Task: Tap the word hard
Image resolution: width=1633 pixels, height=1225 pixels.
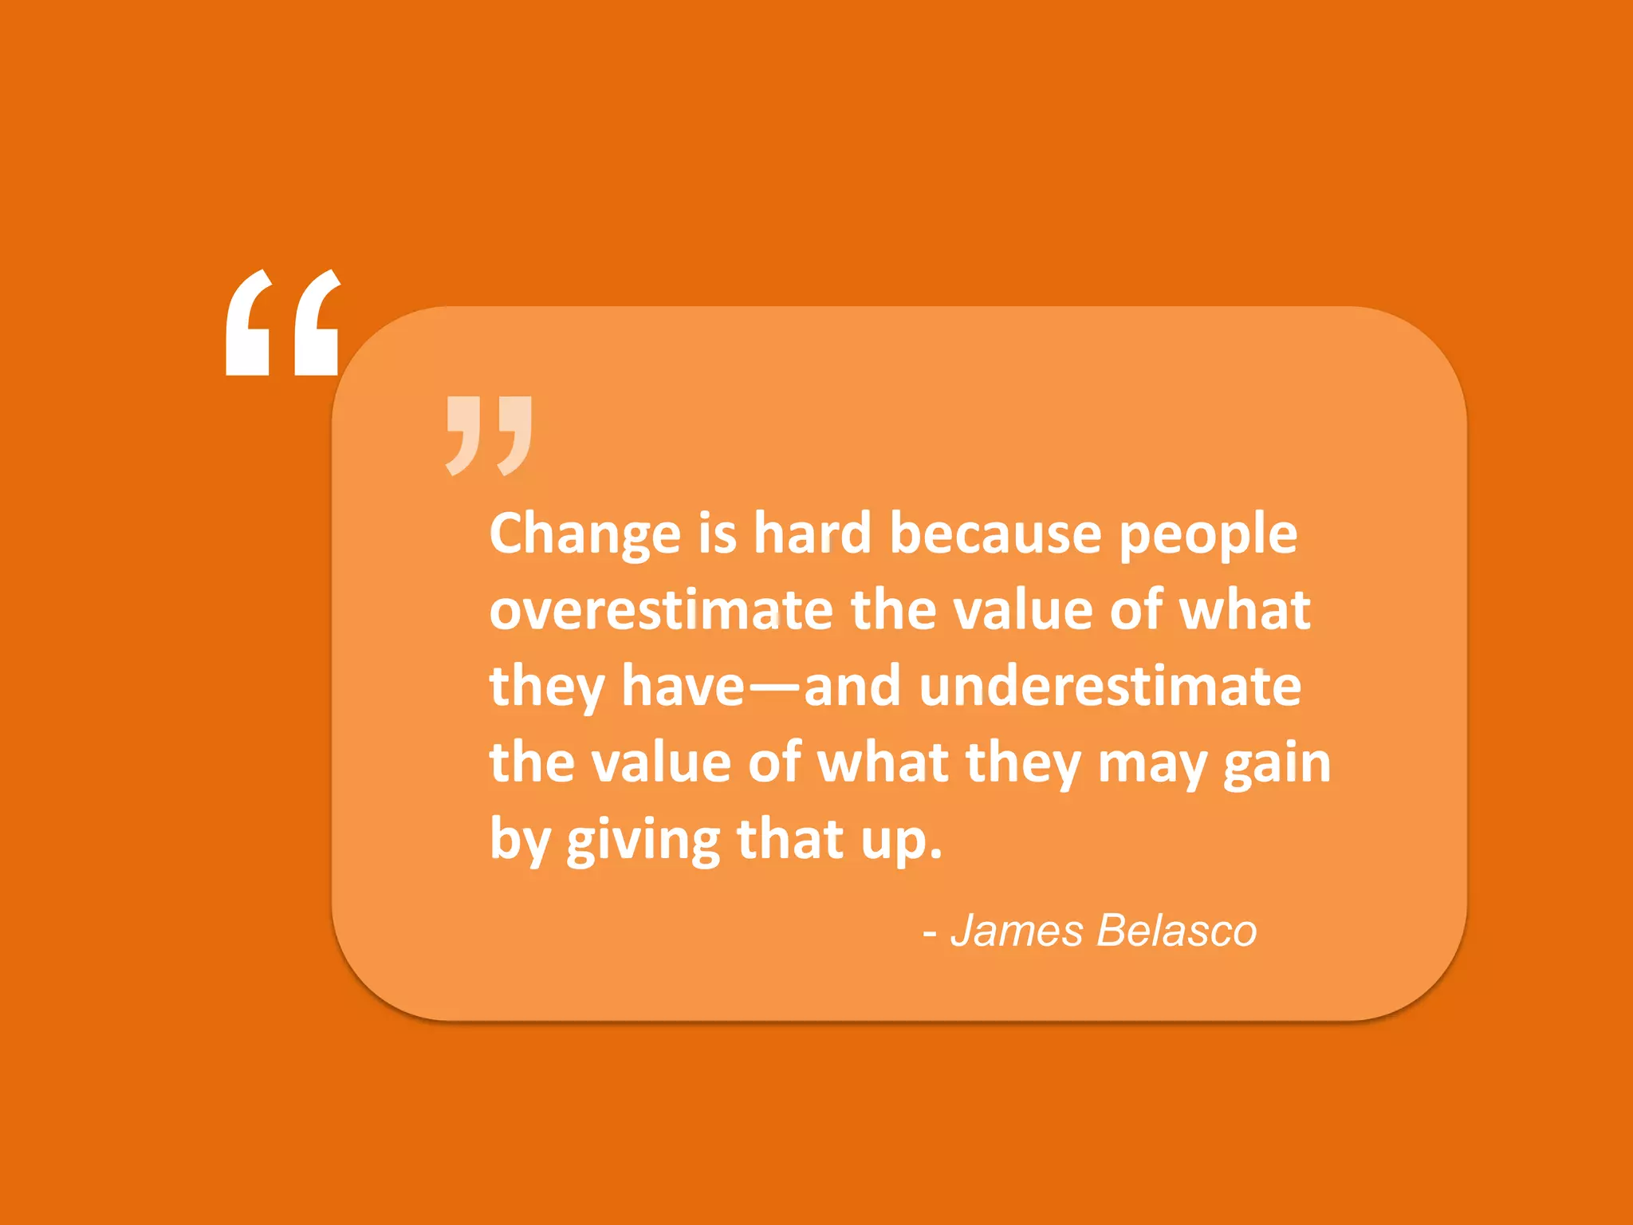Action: pyautogui.click(x=813, y=533)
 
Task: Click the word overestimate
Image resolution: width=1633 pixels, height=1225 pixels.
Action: pyautogui.click(x=661, y=610)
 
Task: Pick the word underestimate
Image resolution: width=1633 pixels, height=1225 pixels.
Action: pyautogui.click(x=1110, y=687)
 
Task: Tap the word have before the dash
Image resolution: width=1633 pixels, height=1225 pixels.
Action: pyautogui.click(x=683, y=687)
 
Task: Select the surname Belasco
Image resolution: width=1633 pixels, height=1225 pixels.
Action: pyautogui.click(x=1176, y=930)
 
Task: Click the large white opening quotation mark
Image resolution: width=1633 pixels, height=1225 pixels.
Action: pyautogui.click(x=283, y=322)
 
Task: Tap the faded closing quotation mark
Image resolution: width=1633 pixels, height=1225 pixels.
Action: pyautogui.click(x=489, y=435)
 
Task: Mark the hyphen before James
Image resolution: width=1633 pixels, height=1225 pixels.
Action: pyautogui.click(x=929, y=933)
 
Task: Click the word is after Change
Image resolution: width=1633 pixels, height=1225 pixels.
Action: pyautogui.click(x=717, y=533)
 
